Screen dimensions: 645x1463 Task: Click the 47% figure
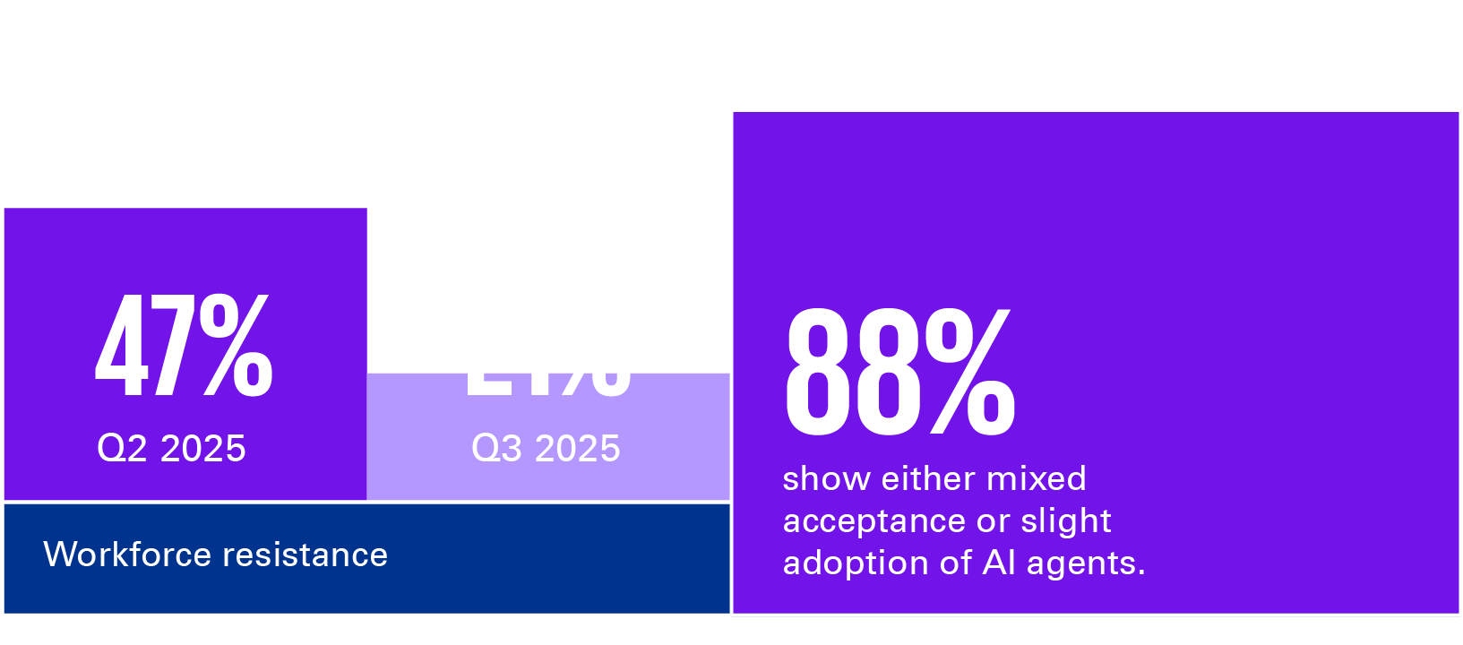pos(184,348)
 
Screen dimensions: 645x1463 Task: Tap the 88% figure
pos(899,373)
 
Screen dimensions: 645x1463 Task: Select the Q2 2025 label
pos(171,449)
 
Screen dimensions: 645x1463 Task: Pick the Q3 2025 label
pos(546,449)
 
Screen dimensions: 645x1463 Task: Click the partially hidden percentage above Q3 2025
pos(548,385)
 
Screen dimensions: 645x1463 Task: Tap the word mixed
pos(1036,478)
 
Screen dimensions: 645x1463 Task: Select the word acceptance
pos(864,520)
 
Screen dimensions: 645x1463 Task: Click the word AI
pos(999,563)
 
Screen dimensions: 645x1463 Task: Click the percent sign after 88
pos(971,373)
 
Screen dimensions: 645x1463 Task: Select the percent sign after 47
pos(236,348)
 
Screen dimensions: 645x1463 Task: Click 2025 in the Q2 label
pos(202,449)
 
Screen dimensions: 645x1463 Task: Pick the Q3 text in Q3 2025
pos(497,449)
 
